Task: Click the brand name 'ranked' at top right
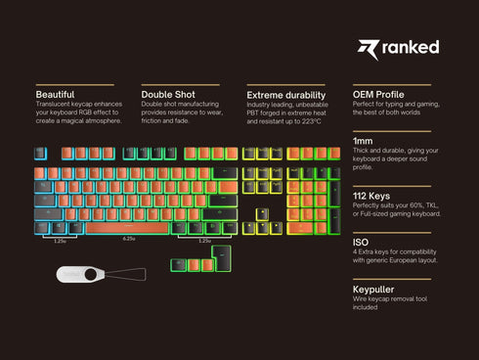pyautogui.click(x=412, y=47)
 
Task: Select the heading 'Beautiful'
pyautogui.click(x=55, y=94)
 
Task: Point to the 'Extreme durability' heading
pyautogui.click(x=284, y=94)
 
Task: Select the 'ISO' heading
pyautogui.click(x=360, y=243)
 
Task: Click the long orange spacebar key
pyautogui.click(x=128, y=229)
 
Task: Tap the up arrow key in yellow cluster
pyautogui.click(x=262, y=214)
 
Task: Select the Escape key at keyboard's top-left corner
pyautogui.click(x=40, y=154)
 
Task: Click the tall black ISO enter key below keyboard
pyautogui.click(x=220, y=258)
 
